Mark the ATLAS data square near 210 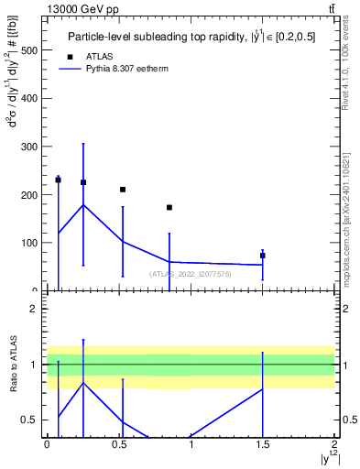123,190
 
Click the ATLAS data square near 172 169,207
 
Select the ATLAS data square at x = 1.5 263,256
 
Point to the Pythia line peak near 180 83,204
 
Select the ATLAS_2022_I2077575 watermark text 189,273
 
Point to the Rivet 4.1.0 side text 346,70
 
